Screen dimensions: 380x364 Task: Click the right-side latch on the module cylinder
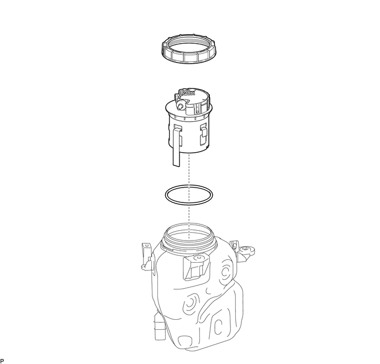tap(203, 134)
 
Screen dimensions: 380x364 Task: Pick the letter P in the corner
tap(2, 361)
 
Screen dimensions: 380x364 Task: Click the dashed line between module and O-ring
tap(189, 169)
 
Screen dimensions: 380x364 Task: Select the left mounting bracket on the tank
tap(146, 256)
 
